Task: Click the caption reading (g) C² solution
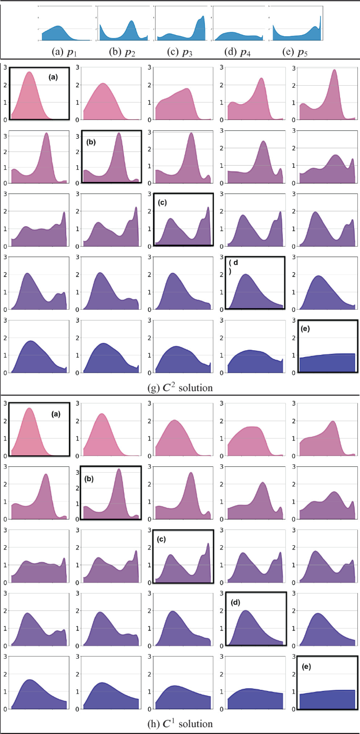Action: click(180, 388)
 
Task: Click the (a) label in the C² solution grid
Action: click(53, 77)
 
